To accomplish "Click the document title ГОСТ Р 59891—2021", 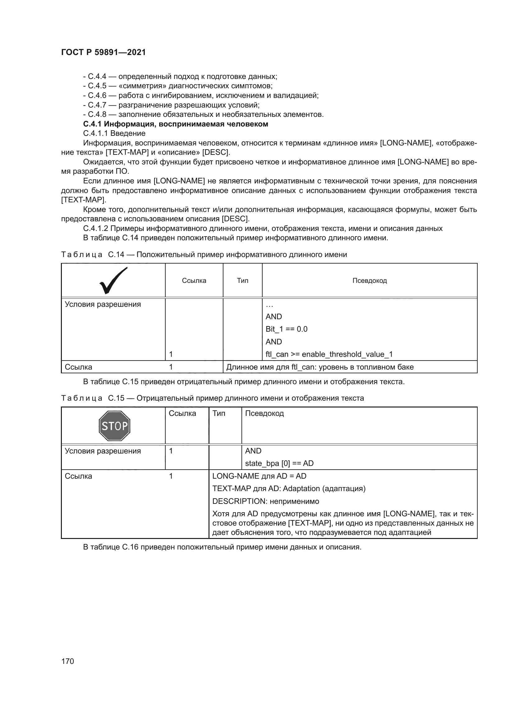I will pyautogui.click(x=103, y=52).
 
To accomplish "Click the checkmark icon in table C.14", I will pyautogui.click(x=113, y=280).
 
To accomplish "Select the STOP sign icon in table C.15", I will pyautogui.click(x=114, y=426).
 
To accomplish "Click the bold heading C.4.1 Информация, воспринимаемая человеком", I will pyautogui.click(x=175, y=124).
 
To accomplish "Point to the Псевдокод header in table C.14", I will pyautogui.click(x=369, y=281).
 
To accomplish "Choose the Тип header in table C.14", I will pyautogui.click(x=242, y=281).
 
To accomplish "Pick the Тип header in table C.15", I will pyautogui.click(x=219, y=413).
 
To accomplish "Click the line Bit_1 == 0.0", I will pyautogui.click(x=287, y=329).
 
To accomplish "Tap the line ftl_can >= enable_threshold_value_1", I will pyautogui.click(x=329, y=354).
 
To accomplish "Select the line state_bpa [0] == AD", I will pyautogui.click(x=279, y=463).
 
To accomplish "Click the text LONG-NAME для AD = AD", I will pyautogui.click(x=259, y=476).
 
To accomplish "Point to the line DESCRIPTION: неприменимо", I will pyautogui.click(x=265, y=501).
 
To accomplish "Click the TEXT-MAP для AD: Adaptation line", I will pyautogui.click(x=289, y=489).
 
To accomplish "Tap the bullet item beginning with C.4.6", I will pyautogui.click(x=201, y=96).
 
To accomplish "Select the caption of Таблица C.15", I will pyautogui.click(x=212, y=398).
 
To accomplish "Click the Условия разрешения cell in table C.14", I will pyautogui.click(x=103, y=304).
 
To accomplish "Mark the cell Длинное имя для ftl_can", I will pyautogui.click(x=320, y=367).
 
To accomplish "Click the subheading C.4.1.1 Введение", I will pyautogui.click(x=114, y=134).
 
